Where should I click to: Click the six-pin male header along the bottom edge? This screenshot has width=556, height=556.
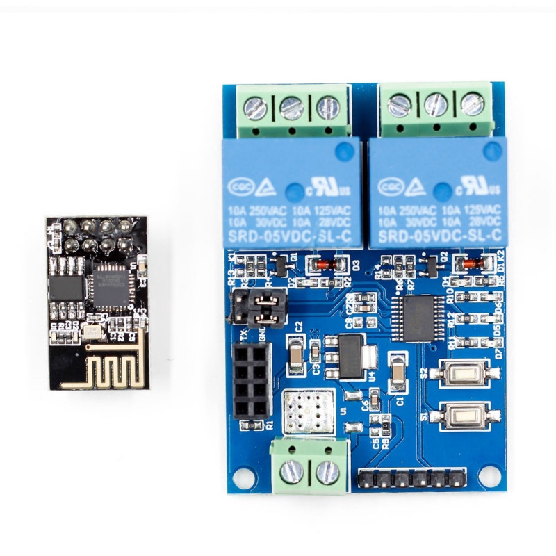pos(411,479)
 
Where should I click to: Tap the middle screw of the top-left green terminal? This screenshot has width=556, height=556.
pos(291,107)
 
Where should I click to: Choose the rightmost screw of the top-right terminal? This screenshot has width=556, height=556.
pos(472,104)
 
